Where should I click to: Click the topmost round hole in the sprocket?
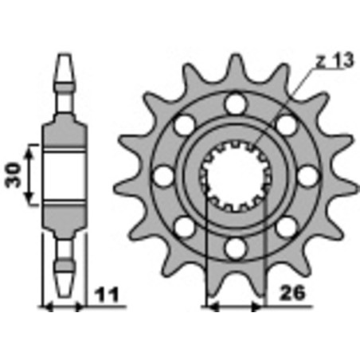point(233,103)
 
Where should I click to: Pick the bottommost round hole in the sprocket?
point(233,248)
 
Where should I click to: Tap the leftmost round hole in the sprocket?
point(162,175)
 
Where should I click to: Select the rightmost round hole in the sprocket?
point(307,175)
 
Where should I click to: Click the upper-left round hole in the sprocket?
point(183,124)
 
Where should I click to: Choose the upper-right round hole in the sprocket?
point(285,124)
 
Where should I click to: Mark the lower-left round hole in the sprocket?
point(183,227)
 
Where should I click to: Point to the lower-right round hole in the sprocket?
point(285,227)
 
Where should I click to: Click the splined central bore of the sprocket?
point(233,175)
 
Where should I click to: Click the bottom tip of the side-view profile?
point(63,291)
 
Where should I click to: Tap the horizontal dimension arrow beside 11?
point(62,306)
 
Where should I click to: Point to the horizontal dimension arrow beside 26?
point(233,306)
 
